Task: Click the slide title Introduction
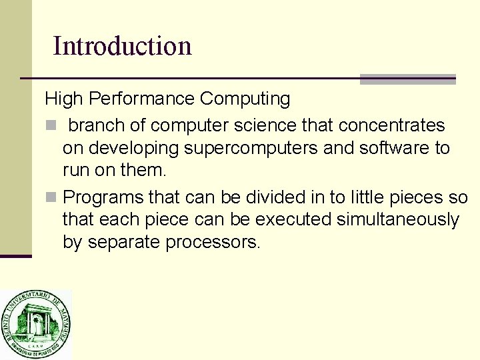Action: point(122,46)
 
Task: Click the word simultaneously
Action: point(398,219)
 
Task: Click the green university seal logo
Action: point(35,325)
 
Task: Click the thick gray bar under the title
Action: point(407,79)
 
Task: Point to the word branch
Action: point(97,125)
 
